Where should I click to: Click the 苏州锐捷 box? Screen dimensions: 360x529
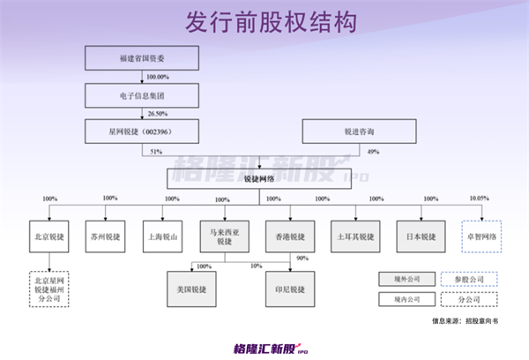point(108,238)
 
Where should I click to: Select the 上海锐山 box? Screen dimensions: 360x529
point(165,238)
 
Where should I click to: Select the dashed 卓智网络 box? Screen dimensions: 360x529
point(481,238)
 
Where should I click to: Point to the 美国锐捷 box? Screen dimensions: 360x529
point(193,289)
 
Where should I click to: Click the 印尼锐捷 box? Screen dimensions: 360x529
point(291,289)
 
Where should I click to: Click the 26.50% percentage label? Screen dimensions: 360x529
point(157,113)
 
